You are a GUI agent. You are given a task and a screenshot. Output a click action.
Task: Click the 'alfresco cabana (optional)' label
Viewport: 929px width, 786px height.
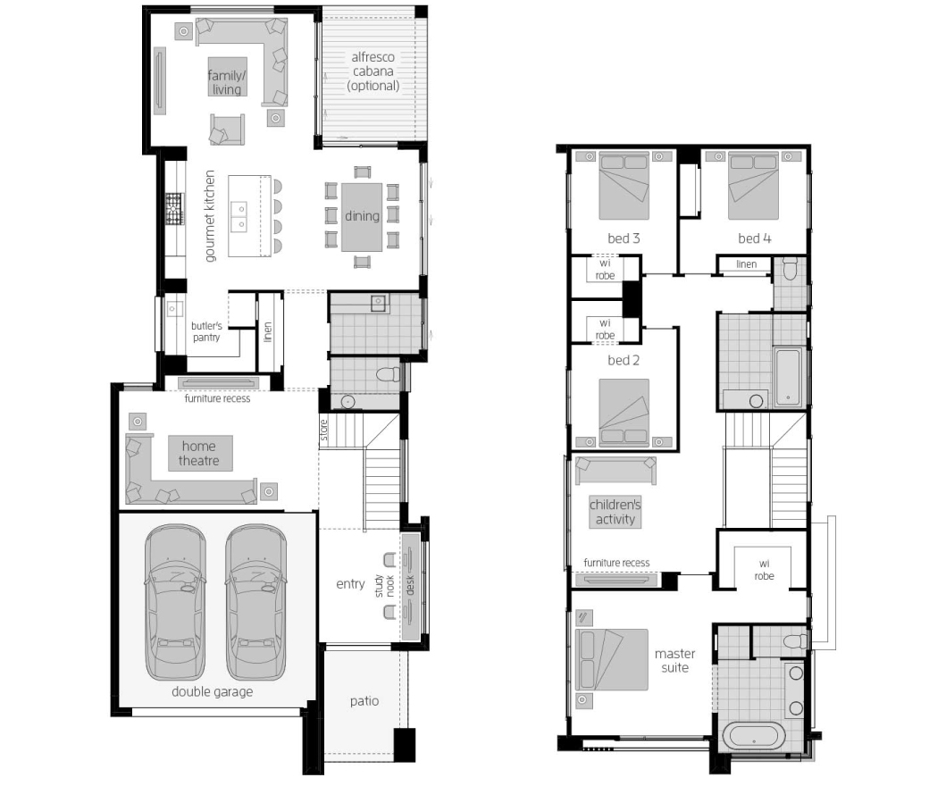(372, 71)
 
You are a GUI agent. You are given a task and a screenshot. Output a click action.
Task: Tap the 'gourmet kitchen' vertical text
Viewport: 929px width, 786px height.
(210, 216)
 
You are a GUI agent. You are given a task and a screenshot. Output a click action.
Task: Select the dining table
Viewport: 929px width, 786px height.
(362, 217)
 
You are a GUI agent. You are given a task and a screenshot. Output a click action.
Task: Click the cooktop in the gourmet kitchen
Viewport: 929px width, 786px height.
(174, 209)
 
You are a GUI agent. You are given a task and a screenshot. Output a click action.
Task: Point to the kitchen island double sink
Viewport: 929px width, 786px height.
(239, 216)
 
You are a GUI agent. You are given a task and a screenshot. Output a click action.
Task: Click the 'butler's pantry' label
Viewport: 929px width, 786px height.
(206, 331)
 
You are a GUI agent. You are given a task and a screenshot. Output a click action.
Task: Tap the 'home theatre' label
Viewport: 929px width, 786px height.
(199, 453)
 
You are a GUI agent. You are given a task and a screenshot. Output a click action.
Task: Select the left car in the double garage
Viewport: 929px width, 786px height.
(175, 602)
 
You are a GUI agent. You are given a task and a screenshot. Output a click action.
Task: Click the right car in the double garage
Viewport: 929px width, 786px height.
(256, 602)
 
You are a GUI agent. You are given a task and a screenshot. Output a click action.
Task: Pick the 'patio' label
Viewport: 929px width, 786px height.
(364, 701)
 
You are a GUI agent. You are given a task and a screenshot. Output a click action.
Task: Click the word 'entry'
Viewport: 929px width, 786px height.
(350, 584)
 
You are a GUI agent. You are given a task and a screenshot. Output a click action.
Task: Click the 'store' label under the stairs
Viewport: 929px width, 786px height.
(324, 431)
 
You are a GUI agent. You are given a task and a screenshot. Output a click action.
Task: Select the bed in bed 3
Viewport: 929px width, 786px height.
(624, 186)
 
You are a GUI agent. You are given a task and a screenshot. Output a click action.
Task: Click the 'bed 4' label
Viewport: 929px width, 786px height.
(754, 238)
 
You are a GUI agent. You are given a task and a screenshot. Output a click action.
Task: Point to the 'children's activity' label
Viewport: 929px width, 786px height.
(615, 512)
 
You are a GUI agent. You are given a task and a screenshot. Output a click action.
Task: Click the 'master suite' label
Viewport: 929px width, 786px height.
(674, 660)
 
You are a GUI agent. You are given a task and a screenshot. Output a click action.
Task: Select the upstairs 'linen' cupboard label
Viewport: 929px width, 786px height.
(747, 264)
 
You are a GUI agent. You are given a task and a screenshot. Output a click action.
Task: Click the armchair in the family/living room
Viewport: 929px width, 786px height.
(227, 130)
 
